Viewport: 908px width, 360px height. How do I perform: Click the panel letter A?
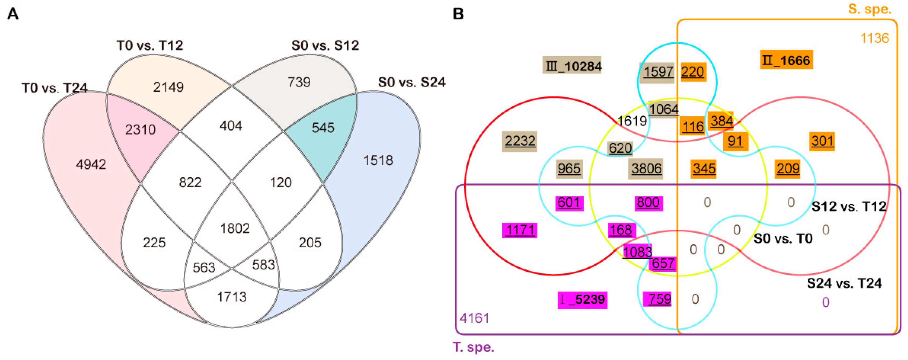tap(13, 14)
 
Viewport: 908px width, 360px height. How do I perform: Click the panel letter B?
tap(458, 14)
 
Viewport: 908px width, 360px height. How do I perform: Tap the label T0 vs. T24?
tap(55, 88)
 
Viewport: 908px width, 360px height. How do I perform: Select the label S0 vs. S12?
tap(325, 45)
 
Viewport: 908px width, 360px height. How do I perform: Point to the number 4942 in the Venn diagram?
tap(91, 164)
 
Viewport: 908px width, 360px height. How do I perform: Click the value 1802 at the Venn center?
tap(235, 228)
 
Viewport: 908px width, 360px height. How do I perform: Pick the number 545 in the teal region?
tap(323, 128)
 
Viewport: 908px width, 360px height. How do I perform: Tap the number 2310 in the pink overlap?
tap(140, 130)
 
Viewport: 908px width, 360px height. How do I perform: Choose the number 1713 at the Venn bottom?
tap(232, 297)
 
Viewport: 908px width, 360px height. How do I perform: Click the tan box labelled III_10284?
tap(572, 66)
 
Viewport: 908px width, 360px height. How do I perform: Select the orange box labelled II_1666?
tap(786, 60)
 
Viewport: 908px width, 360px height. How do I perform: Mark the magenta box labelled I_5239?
tap(582, 300)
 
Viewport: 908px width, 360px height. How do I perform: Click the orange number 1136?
tap(875, 38)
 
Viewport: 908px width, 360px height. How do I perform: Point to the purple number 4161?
tap(474, 318)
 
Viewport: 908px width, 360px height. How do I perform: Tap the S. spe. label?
tap(869, 9)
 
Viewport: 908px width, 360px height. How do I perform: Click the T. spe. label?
tap(473, 347)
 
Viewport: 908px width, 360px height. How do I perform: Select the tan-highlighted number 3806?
tap(646, 169)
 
